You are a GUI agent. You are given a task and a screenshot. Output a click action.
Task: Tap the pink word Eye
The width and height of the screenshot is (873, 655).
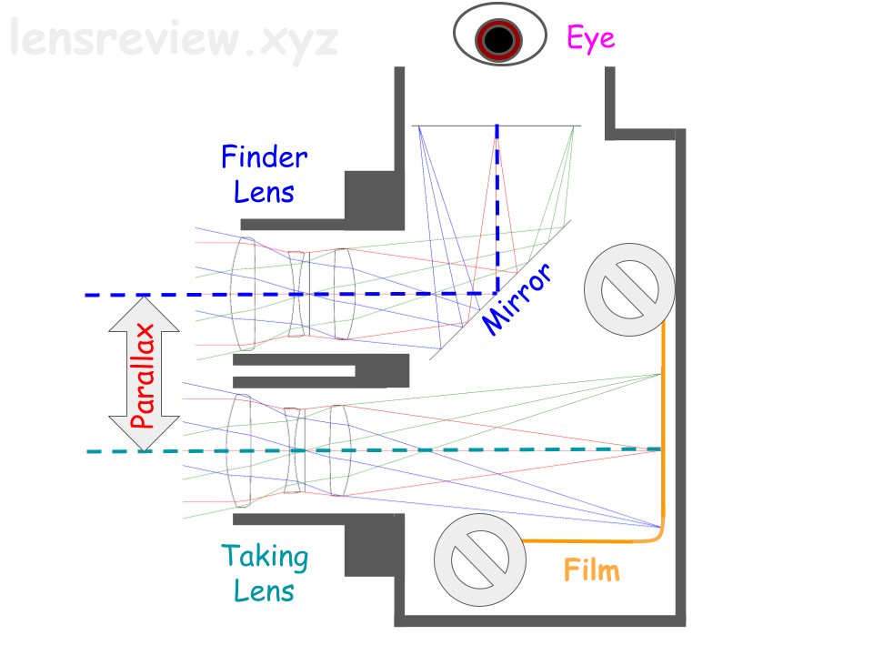point(590,37)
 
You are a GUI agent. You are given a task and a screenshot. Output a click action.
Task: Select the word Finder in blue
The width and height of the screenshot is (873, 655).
point(264,157)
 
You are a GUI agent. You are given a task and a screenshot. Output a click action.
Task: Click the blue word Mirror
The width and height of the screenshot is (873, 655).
point(517,298)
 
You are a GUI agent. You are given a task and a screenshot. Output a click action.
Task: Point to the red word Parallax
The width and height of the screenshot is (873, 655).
point(143,373)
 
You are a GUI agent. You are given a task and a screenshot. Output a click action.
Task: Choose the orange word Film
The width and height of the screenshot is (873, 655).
point(591,570)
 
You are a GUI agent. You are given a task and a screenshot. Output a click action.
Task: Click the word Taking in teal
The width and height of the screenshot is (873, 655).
point(265,555)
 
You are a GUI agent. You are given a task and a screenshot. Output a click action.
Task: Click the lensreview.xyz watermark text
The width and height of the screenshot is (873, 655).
point(173,40)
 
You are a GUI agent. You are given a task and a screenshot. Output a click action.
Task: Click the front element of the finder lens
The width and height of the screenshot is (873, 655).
point(243,293)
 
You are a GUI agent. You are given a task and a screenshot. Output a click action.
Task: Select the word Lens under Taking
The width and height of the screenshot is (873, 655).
point(264,590)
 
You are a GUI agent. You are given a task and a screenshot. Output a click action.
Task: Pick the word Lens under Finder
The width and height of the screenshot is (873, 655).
point(264,192)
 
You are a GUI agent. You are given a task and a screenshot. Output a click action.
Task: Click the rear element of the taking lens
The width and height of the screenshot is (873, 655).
point(340,450)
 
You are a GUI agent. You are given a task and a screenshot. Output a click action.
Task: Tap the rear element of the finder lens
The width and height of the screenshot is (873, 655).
point(343,293)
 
